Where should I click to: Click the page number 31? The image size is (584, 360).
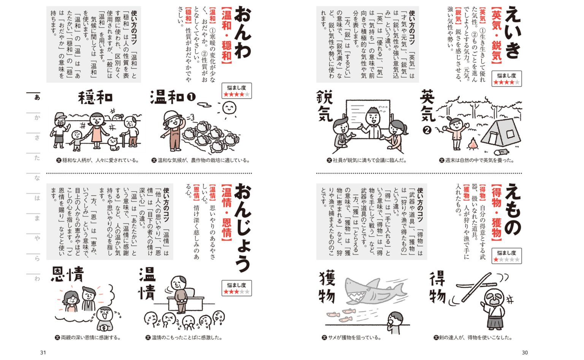click(43, 352)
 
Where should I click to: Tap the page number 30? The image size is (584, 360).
click(525, 352)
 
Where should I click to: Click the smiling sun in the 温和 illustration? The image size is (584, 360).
click(229, 108)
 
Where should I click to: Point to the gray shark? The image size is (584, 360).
click(375, 291)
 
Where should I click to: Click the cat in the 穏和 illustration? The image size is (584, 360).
click(113, 144)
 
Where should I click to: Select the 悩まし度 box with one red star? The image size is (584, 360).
click(506, 256)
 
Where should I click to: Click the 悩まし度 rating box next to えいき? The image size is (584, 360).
click(506, 78)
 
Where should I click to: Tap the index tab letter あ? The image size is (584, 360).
click(37, 97)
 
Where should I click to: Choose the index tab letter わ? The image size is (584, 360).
click(37, 279)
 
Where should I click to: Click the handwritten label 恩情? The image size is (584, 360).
click(67, 274)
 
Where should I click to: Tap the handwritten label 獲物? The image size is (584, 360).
click(327, 287)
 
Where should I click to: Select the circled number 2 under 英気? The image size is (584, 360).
click(427, 130)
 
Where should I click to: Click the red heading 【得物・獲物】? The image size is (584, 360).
click(497, 213)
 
